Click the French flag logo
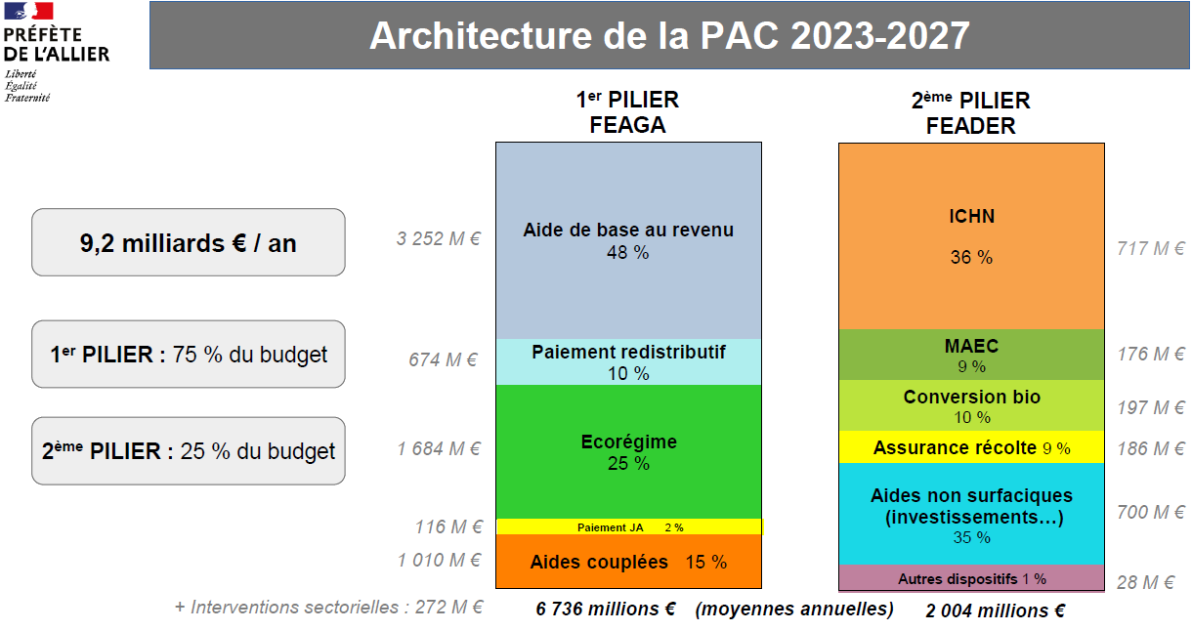tap(28, 11)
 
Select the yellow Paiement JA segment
tap(629, 526)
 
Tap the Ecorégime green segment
tap(628, 451)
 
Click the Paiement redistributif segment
tap(628, 361)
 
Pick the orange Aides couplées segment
tap(628, 562)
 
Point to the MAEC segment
tap(971, 355)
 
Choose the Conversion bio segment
tap(971, 405)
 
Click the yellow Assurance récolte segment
tap(971, 447)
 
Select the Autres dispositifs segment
tap(971, 578)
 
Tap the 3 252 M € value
tap(438, 239)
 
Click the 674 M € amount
tap(443, 360)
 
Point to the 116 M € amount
tap(448, 527)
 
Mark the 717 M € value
tap(1151, 248)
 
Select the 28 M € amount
tap(1145, 582)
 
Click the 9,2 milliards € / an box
tap(189, 242)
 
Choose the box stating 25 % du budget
tap(189, 450)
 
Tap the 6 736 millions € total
tap(606, 609)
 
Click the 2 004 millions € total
tap(995, 610)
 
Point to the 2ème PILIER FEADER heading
tap(970, 112)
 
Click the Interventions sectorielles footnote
tap(329, 607)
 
